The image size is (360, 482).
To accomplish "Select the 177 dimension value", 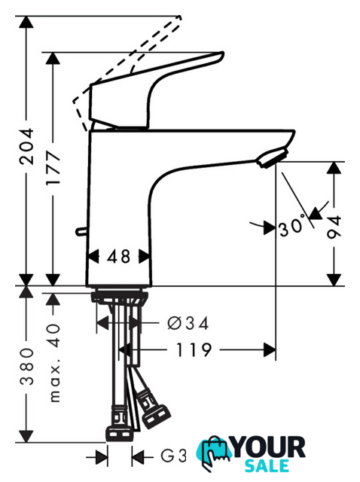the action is [53, 167].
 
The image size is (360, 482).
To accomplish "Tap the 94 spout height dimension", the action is [334, 227].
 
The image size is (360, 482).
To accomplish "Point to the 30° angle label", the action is [292, 227].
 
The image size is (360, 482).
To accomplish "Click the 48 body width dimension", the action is [119, 256].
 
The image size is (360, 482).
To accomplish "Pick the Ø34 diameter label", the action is [188, 323].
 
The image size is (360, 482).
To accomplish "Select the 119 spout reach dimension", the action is [194, 349].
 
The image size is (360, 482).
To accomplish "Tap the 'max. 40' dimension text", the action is [54, 363].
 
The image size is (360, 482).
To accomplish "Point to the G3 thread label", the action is [174, 456].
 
